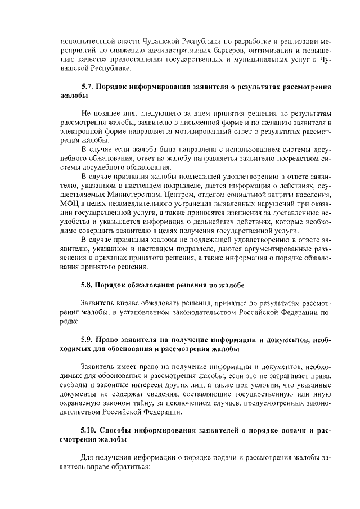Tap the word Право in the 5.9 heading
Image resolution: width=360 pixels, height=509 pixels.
111,340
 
